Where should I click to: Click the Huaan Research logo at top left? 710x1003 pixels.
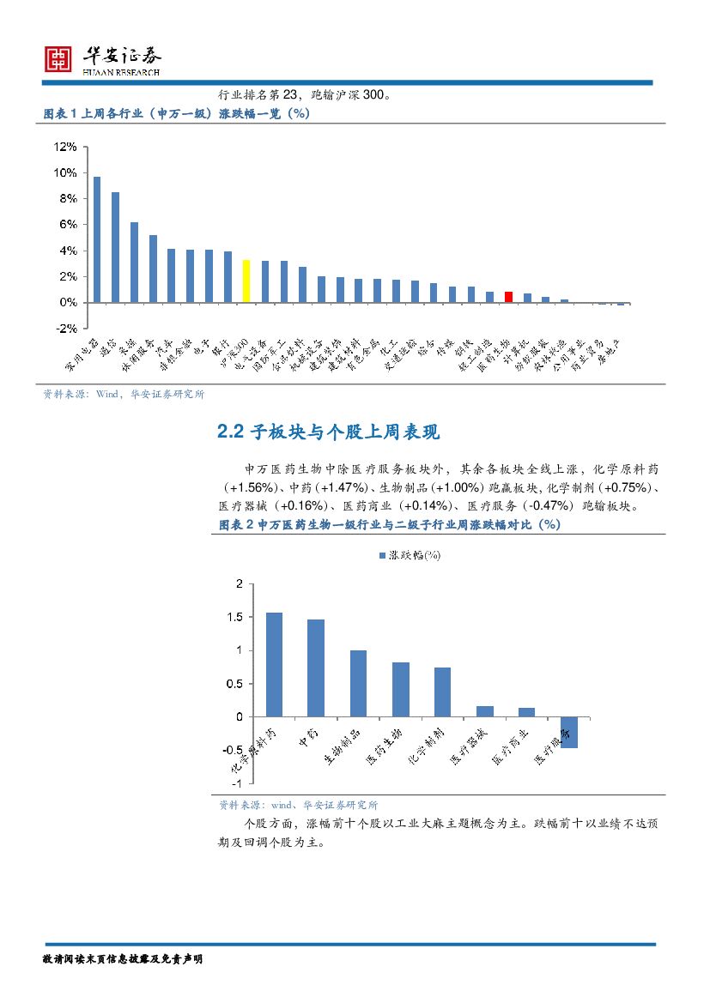pyautogui.click(x=58, y=58)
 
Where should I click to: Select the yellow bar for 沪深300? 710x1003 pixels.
pyautogui.click(x=246, y=281)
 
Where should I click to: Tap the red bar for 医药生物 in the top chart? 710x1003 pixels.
pyautogui.click(x=508, y=297)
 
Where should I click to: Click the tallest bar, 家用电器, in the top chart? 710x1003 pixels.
pyautogui.click(x=97, y=239)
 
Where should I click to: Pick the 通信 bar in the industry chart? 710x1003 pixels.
pyautogui.click(x=115, y=247)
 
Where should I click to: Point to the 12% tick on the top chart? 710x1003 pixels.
pyautogui.click(x=65, y=147)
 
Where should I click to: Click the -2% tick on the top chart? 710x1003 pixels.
pyautogui.click(x=65, y=329)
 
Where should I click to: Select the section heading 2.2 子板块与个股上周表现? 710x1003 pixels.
pyautogui.click(x=329, y=432)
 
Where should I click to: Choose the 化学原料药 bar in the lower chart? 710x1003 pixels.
pyautogui.click(x=274, y=664)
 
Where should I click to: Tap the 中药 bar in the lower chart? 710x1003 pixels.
pyautogui.click(x=316, y=668)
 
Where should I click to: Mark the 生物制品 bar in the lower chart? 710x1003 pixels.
pyautogui.click(x=358, y=683)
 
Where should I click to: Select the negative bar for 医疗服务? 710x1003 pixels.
pyautogui.click(x=568, y=732)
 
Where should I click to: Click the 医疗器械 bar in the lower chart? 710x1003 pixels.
pyautogui.click(x=484, y=711)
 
